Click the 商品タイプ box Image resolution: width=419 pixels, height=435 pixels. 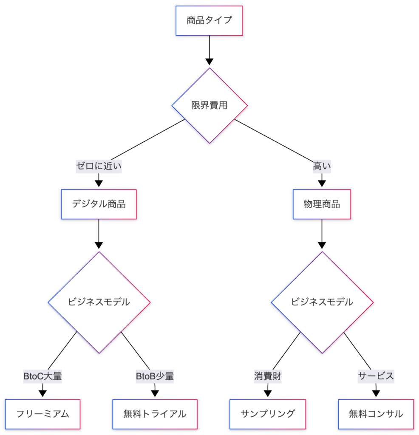tap(209, 20)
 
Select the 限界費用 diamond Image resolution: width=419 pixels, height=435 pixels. tap(209, 105)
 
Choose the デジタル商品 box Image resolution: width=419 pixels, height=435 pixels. tap(99, 204)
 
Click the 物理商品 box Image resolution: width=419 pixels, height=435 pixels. tap(322, 204)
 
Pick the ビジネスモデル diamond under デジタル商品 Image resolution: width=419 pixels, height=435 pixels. tap(99, 302)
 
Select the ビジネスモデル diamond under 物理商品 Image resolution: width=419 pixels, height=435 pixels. tap(322, 302)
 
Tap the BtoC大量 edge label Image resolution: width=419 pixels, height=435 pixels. tap(42, 376)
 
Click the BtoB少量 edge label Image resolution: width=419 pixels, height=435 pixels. tap(155, 376)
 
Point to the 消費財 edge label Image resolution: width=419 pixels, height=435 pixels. tap(268, 376)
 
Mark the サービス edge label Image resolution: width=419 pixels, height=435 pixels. tap(376, 376)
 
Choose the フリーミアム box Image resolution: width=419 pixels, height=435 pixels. tap(42, 414)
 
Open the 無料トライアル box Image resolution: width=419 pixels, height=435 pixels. tap(155, 414)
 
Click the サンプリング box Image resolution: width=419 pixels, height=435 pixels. tap(268, 414)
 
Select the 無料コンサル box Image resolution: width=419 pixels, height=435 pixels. tap(376, 414)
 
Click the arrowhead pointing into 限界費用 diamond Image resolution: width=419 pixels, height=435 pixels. tap(209, 62)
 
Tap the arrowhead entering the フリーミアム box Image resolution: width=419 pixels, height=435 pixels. tap(42, 393)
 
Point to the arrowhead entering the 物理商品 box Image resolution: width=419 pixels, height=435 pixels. tap(322, 184)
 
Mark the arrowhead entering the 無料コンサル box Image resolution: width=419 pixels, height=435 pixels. tap(376, 393)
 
